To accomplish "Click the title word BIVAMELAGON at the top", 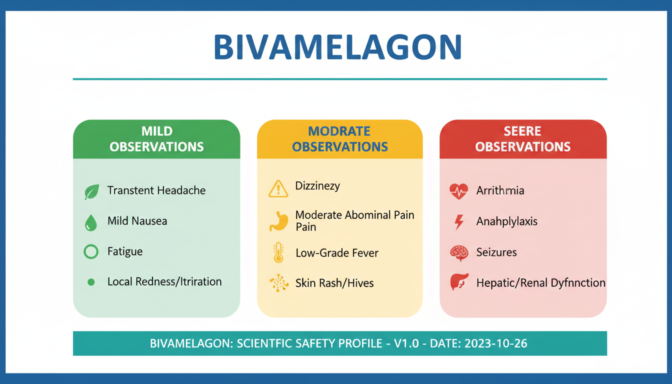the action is point(337,47).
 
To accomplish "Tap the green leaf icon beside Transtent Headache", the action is point(91,191).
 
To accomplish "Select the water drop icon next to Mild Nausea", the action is point(91,222).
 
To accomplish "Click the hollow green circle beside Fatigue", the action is point(91,251).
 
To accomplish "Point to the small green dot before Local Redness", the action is point(91,282).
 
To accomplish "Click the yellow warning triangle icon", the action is point(278,188).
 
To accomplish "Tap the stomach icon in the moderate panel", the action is point(278,221).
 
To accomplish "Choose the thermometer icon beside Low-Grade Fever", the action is point(278,252).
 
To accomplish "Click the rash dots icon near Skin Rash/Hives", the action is point(279,282).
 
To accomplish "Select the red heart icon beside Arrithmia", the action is point(458,191).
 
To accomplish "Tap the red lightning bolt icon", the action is point(459,222).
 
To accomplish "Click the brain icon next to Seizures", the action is point(459,253).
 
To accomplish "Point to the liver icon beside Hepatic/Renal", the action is point(459,281).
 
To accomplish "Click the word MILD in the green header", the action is point(157,131).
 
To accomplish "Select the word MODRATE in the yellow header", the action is point(339,131).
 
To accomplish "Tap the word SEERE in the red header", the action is point(522,131).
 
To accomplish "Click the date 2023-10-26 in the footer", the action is point(495,343).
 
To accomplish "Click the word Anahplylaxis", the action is point(506,221).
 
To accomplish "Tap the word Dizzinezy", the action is point(317,186).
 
